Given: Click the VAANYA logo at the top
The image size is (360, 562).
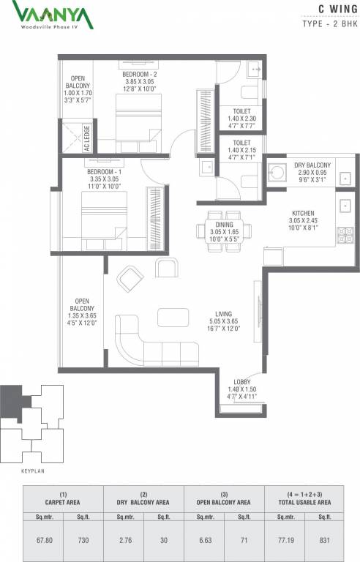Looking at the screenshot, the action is pos(53,15).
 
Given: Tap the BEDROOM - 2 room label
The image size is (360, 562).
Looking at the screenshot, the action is pos(140,75).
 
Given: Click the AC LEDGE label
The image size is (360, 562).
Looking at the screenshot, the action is pos(87,138).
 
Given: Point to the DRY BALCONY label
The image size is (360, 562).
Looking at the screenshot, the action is pos(312,165).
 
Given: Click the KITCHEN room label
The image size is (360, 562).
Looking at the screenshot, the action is pos(303,213).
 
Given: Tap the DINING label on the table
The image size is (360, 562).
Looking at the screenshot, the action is pos(224,225).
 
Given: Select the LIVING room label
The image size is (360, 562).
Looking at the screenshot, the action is pos(223,314).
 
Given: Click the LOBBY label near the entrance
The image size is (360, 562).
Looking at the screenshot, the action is pos(242,382).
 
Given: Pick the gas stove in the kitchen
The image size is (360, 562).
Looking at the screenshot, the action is pos(345,236).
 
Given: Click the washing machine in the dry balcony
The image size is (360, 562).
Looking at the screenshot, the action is pos(277,173).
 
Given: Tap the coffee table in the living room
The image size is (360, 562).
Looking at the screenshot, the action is pos(173,318).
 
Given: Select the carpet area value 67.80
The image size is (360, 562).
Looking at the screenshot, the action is pos(45,540).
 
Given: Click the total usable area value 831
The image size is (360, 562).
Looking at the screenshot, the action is pos(324,540).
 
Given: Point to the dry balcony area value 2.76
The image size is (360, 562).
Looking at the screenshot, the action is pos(126,540).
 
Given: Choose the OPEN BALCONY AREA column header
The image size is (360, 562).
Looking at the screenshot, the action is pos(223,503).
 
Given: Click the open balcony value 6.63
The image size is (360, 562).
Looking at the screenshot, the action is pos(205,540).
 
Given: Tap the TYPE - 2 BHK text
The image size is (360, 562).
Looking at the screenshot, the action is pos(330,23).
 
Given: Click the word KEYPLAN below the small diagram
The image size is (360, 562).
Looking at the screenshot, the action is pos(33,471).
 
